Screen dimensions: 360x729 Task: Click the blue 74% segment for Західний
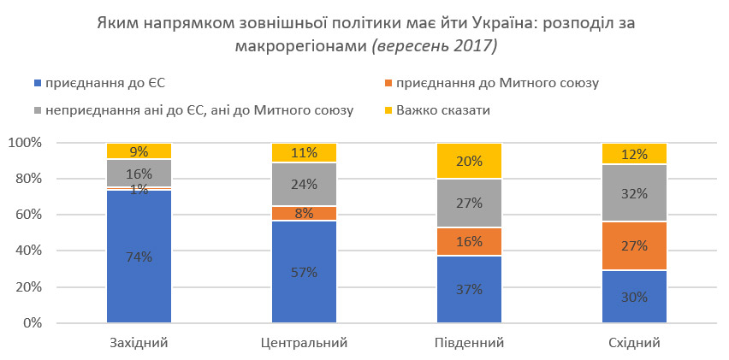(139, 257)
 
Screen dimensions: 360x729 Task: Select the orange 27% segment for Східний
(634, 245)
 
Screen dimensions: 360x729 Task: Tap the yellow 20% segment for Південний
(469, 161)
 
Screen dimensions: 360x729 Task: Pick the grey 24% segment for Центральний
(304, 184)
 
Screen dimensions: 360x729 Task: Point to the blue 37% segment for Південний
(469, 289)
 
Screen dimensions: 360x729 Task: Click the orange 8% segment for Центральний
(304, 213)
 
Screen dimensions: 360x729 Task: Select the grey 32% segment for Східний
(634, 193)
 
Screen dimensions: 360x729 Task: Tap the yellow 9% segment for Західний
(139, 151)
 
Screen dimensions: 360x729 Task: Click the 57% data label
(304, 272)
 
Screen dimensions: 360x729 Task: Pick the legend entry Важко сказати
(448, 110)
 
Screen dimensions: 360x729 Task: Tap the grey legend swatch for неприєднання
(37, 110)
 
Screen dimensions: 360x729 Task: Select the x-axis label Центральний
(304, 343)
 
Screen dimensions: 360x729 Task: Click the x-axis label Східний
(634, 343)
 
